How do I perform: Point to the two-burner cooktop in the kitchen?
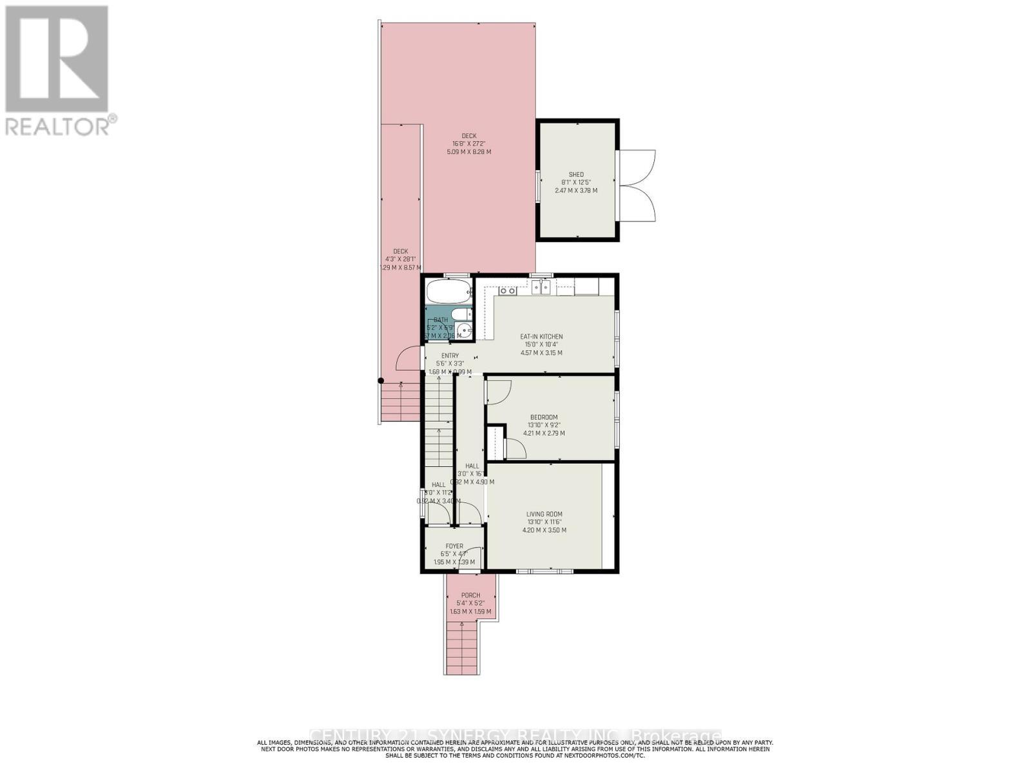click(x=508, y=291)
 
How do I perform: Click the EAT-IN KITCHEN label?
click(x=541, y=336)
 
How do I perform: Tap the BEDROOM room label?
click(x=544, y=417)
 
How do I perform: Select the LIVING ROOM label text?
click(x=544, y=514)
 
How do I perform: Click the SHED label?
click(x=576, y=175)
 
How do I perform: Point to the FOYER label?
click(x=454, y=546)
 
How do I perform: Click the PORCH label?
click(x=470, y=595)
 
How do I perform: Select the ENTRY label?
click(x=450, y=356)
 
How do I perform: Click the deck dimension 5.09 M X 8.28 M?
click(x=468, y=152)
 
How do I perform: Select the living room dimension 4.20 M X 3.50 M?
click(x=544, y=530)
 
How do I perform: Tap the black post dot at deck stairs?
click(x=381, y=381)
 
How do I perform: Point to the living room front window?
click(x=544, y=570)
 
